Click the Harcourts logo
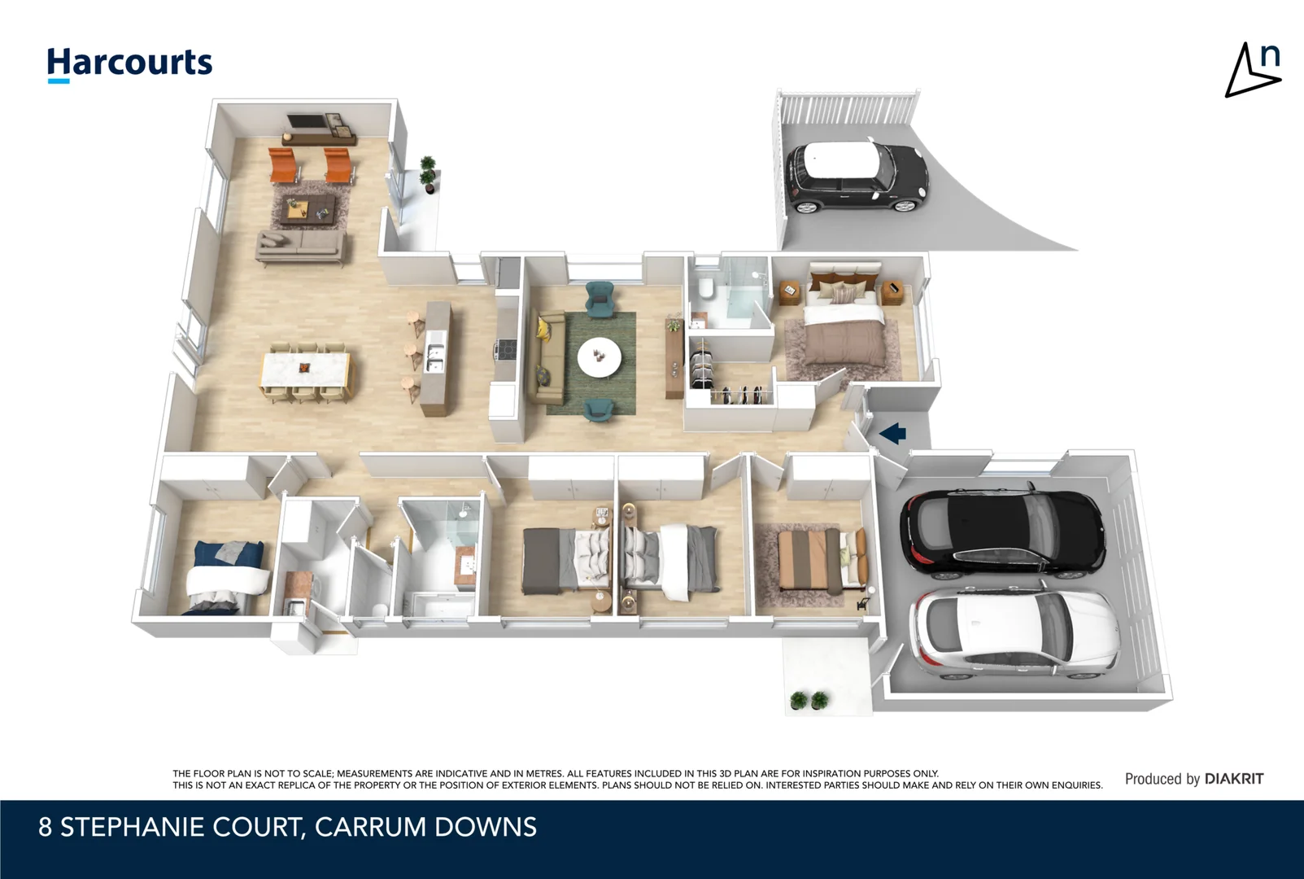coord(129,63)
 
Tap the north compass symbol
coord(1253,71)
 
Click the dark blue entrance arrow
coord(893,433)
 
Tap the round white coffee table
coord(599,356)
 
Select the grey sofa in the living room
coord(299,245)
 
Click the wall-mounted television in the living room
coord(308,122)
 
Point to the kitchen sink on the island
coord(435,358)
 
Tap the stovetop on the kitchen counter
coord(506,350)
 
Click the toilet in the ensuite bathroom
coord(705,289)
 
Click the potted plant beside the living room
coord(428,174)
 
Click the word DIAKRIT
coord(1234,779)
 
